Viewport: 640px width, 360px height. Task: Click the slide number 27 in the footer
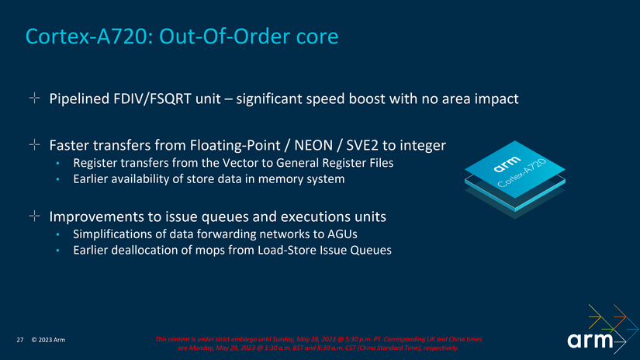coord(20,341)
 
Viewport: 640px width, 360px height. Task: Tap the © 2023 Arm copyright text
coord(48,341)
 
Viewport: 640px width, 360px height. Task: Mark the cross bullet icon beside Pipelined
coord(34,99)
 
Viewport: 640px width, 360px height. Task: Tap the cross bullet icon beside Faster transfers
coord(34,145)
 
